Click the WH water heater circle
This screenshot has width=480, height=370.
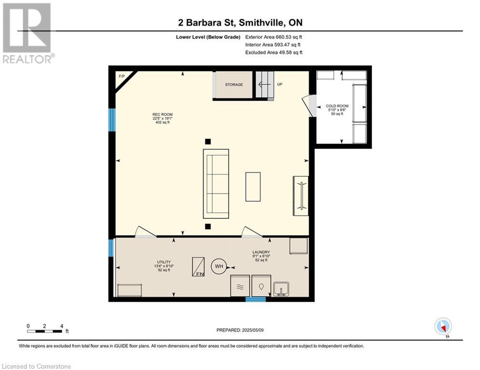[219, 266]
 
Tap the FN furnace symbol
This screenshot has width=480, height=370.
[198, 267]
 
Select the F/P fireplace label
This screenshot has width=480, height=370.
[122, 76]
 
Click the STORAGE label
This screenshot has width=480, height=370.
[234, 85]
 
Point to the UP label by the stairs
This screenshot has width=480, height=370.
[279, 84]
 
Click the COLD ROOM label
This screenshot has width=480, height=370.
[337, 106]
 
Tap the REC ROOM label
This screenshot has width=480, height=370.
[163, 115]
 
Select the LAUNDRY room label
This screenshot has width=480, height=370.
[261, 252]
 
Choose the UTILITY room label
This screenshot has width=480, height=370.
[164, 262]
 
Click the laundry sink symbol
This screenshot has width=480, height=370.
[281, 289]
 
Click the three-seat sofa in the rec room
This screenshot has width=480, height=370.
[216, 184]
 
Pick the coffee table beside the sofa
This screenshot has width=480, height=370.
[253, 187]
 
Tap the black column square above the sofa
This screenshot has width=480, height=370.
[208, 141]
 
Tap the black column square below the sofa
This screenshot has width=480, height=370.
[208, 226]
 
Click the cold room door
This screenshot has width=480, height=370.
[310, 106]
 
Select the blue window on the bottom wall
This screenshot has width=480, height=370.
[256, 299]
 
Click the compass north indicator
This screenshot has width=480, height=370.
[443, 327]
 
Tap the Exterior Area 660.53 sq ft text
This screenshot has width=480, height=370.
[274, 37]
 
